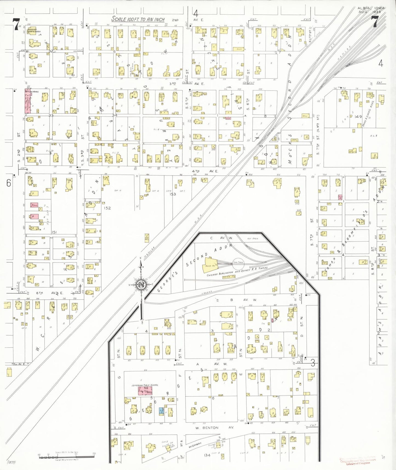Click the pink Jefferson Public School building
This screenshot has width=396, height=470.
[145, 391]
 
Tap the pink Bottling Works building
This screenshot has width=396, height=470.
[28, 101]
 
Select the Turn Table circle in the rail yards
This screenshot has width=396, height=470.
[238, 262]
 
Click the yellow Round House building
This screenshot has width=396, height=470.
[210, 265]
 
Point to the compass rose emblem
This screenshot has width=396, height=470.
[141, 285]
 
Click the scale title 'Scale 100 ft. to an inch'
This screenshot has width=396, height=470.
[138, 19]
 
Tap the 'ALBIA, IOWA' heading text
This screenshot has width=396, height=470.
[371, 8]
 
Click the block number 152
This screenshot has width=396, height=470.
[107, 208]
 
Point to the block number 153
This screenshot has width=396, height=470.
[173, 194]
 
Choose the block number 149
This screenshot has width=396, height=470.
[358, 117]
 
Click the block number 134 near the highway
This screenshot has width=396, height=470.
[207, 455]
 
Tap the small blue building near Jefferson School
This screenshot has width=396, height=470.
[161, 410]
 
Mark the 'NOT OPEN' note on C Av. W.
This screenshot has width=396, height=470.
[252, 239]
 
